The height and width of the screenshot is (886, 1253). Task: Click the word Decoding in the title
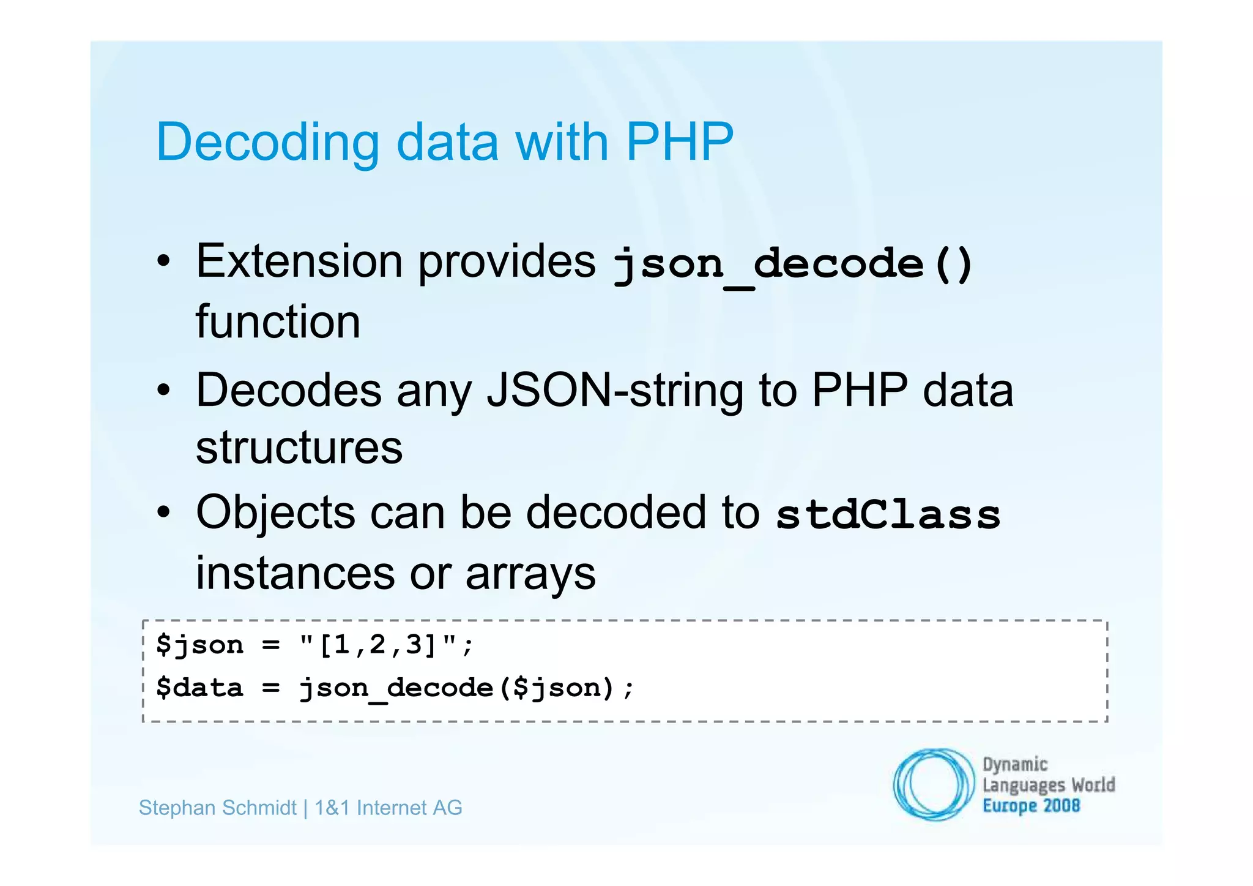(267, 143)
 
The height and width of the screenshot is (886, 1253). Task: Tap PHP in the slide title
(679, 142)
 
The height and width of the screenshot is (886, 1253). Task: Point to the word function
(278, 322)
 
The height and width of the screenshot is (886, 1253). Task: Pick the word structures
(299, 448)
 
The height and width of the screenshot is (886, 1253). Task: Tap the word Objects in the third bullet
(275, 512)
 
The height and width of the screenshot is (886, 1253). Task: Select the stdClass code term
(888, 514)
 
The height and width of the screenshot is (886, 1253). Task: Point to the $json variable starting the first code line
(199, 645)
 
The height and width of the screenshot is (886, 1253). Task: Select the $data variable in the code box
(199, 688)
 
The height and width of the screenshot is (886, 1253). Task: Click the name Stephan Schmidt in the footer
(217, 808)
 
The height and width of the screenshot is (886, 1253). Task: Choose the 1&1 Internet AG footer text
(389, 808)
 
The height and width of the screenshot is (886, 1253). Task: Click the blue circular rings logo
(934, 784)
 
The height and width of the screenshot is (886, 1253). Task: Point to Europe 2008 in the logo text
(1031, 806)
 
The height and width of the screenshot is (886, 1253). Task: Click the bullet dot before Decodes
(163, 390)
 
